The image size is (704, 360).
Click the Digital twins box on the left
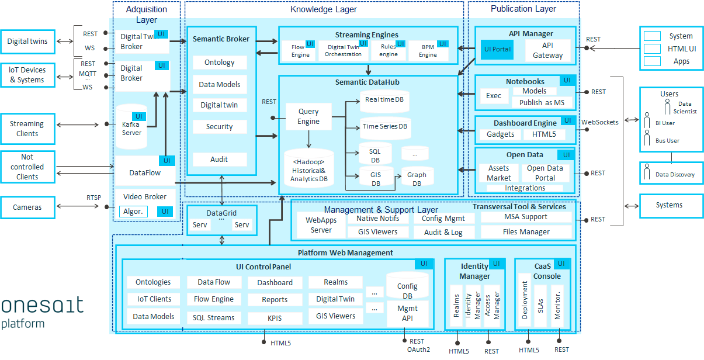click(x=28, y=41)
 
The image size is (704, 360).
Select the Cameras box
click(x=28, y=207)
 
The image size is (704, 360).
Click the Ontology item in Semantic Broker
click(x=220, y=63)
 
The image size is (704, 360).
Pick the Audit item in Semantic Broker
click(x=220, y=159)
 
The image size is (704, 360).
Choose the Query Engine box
click(x=308, y=116)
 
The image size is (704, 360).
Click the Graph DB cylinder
click(x=417, y=178)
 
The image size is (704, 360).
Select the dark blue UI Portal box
click(x=497, y=50)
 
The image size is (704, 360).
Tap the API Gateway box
click(x=547, y=50)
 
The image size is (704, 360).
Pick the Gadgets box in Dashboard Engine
click(x=500, y=134)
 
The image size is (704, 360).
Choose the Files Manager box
click(x=526, y=231)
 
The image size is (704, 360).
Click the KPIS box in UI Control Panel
click(x=275, y=318)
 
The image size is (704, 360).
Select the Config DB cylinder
click(x=407, y=286)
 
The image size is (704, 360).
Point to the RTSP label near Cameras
click(x=93, y=198)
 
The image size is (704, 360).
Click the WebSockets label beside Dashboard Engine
click(x=599, y=122)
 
